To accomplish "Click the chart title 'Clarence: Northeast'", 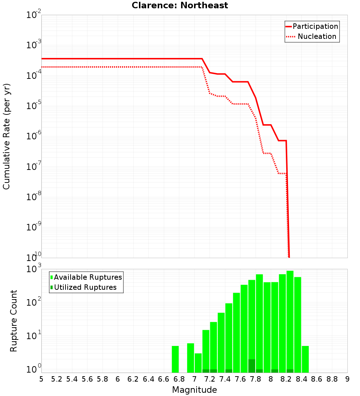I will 180,5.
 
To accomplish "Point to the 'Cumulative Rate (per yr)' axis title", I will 6,136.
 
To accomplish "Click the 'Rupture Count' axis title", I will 14,320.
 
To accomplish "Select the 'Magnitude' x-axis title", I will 194,390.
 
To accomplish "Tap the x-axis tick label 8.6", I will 317,379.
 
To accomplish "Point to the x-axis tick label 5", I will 41,379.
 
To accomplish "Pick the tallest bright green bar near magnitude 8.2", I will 290,320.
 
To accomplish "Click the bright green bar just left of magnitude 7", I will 190,358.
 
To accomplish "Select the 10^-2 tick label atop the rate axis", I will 34,15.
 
